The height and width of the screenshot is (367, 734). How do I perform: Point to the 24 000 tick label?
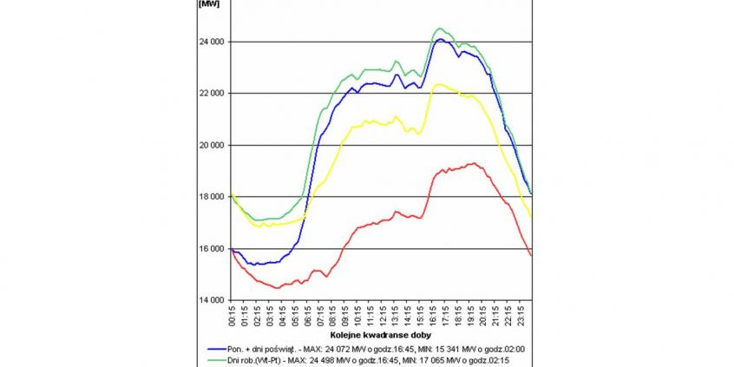(x=212, y=42)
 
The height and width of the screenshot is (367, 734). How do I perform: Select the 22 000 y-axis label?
(x=212, y=94)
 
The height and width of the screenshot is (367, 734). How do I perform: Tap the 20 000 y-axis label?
(x=212, y=145)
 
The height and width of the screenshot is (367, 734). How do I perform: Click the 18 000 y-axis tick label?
(x=212, y=197)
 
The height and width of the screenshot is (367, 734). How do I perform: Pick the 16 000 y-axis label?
(x=212, y=249)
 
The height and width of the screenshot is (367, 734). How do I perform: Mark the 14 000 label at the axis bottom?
(x=212, y=300)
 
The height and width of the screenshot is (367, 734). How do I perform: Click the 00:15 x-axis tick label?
(x=232, y=315)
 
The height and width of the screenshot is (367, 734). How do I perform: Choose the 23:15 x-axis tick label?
(x=521, y=315)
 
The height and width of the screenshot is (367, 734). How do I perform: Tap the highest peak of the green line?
(x=439, y=29)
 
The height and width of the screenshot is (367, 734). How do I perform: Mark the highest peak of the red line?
(x=473, y=163)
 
